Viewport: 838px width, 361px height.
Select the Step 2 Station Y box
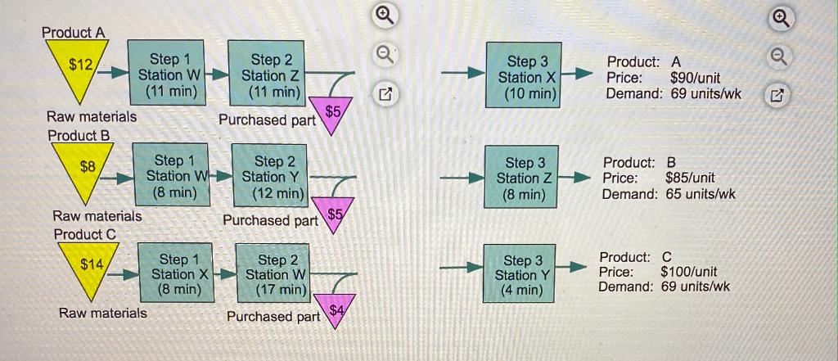271,176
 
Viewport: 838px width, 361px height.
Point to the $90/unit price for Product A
694,78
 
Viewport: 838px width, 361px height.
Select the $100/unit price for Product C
688,271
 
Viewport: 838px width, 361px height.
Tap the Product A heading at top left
74,33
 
